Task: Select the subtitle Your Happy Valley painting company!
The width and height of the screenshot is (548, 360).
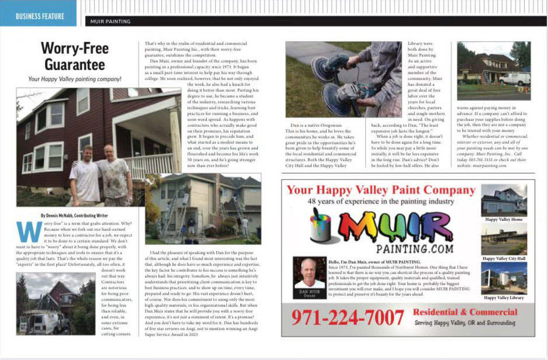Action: pyautogui.click(x=75, y=79)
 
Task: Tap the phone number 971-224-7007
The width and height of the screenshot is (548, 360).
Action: pyautogui.click(x=348, y=317)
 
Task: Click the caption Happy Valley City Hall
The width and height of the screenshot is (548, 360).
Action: pyautogui.click(x=504, y=258)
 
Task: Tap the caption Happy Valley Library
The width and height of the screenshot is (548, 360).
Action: pyautogui.click(x=504, y=297)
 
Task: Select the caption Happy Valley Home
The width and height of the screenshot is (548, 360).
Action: pyautogui.click(x=504, y=220)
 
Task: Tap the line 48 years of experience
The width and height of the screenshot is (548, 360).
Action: pyautogui.click(x=380, y=201)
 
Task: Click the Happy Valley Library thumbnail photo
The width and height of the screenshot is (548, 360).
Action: pyautogui.click(x=504, y=278)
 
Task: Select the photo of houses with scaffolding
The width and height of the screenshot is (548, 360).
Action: pyautogui.click(x=203, y=208)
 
